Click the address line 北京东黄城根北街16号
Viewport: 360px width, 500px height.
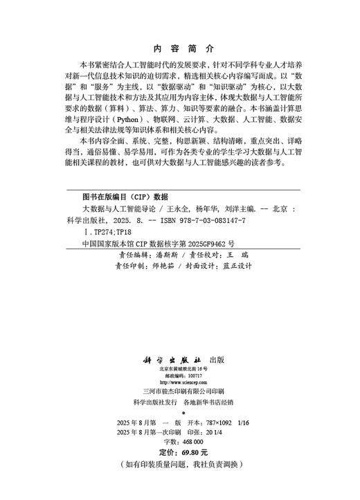179,370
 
